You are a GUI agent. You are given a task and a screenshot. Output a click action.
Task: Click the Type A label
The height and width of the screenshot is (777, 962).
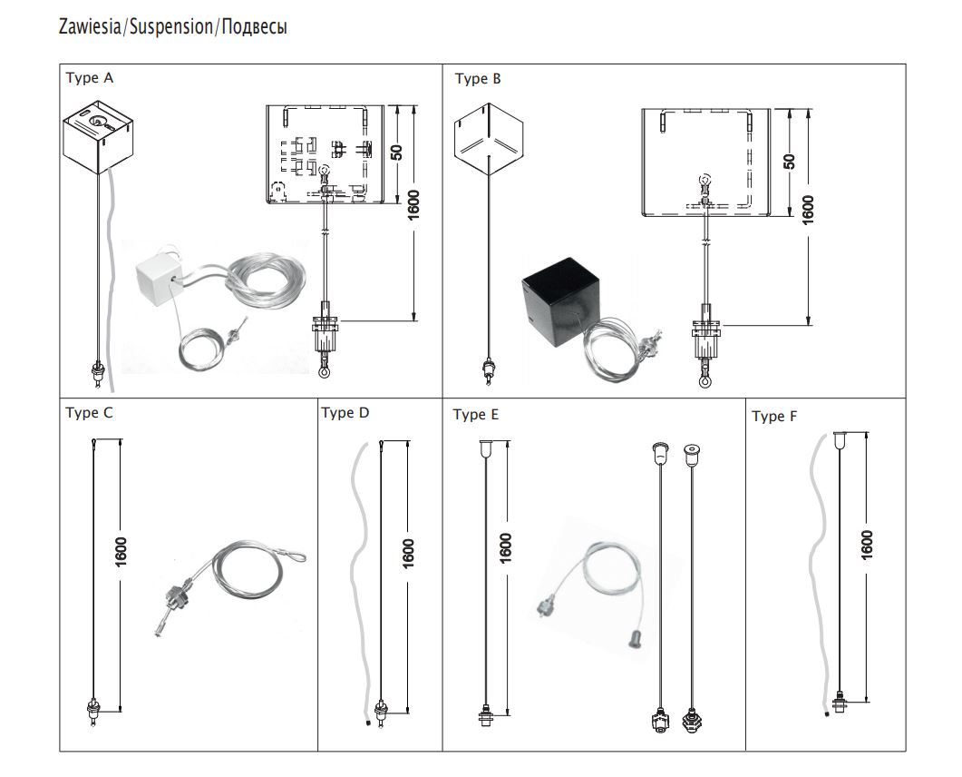pos(90,78)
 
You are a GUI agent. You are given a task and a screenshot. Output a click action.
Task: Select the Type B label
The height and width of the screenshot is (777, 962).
pos(478,79)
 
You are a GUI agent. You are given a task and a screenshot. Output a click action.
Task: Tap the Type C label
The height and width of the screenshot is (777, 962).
pos(90,413)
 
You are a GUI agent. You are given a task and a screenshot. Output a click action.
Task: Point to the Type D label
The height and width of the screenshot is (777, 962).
pos(345,413)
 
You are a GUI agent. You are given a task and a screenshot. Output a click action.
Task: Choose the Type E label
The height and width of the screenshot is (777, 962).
pos(476,415)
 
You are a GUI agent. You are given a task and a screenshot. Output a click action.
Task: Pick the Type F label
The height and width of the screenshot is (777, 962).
pos(775,417)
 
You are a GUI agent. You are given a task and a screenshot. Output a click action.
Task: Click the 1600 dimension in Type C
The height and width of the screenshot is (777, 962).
pos(121,552)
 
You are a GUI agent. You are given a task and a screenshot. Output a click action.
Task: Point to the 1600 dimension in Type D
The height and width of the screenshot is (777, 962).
pos(408,554)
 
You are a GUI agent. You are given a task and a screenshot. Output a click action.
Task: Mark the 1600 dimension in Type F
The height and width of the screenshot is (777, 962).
pos(867,545)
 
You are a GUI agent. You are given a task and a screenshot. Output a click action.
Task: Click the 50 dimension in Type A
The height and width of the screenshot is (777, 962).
pos(396,152)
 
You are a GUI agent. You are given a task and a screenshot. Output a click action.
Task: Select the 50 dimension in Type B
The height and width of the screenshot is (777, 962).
pos(789,161)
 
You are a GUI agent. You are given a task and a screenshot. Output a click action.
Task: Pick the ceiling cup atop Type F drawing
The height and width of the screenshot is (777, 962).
pos(842,438)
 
